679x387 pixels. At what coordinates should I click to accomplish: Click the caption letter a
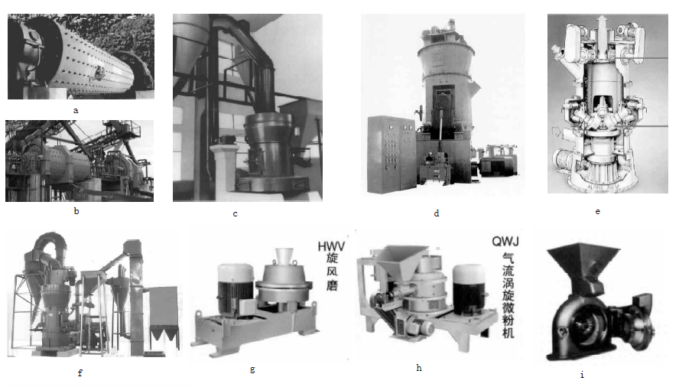click(76, 110)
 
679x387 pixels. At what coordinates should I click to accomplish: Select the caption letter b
click(76, 212)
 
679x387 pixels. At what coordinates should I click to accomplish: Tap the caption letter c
click(236, 213)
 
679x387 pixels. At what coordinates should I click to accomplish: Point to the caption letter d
click(437, 213)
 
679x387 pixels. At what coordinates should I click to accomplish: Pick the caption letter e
click(598, 212)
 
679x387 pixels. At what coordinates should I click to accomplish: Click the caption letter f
click(80, 372)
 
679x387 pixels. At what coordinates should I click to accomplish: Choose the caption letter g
click(252, 369)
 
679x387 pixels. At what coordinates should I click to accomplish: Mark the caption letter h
click(419, 368)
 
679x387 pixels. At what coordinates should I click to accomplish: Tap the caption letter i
click(582, 374)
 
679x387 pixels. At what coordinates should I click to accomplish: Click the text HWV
click(331, 246)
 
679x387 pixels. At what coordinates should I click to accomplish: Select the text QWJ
click(505, 241)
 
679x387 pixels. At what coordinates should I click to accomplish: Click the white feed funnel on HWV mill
click(284, 256)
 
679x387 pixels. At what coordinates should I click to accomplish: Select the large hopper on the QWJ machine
click(398, 261)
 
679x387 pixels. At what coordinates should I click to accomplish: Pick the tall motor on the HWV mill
click(236, 288)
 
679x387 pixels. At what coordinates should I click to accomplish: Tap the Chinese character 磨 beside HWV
click(332, 285)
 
